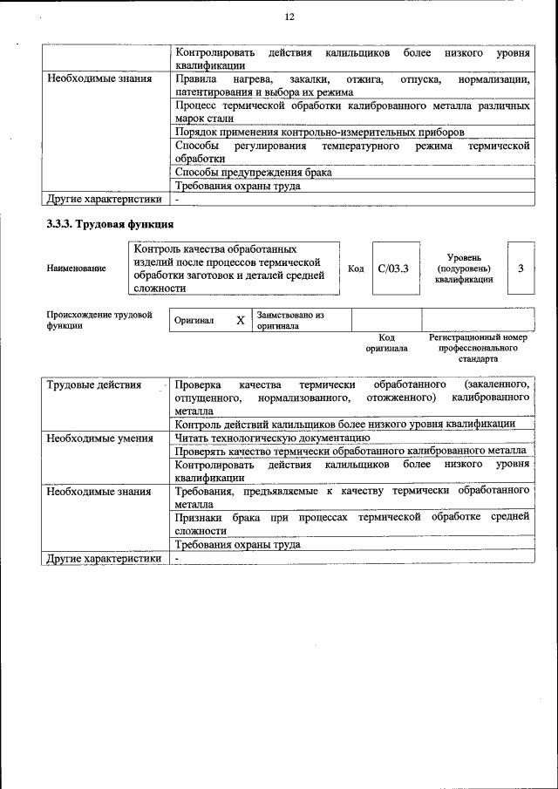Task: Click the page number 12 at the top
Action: tap(289, 17)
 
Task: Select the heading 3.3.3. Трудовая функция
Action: tap(104, 224)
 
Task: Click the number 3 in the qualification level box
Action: tap(521, 269)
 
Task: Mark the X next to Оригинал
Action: tap(240, 320)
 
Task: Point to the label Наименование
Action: tap(77, 269)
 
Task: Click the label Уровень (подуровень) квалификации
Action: tap(464, 269)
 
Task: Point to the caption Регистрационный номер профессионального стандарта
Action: tap(477, 347)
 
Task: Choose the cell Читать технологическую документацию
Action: tap(272, 438)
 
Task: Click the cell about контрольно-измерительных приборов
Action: tap(319, 132)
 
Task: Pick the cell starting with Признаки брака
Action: tap(351, 523)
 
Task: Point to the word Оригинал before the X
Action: tap(194, 321)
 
